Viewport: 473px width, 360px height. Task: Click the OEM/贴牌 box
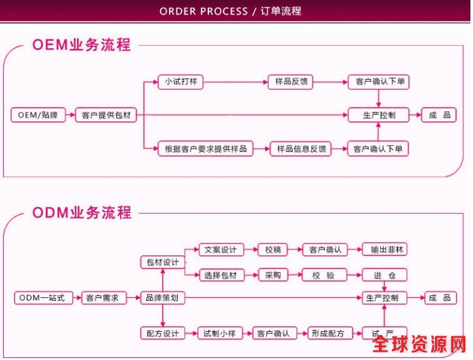tap(37, 116)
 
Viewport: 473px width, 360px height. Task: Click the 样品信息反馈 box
tap(301, 149)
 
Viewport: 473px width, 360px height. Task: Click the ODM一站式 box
tap(42, 298)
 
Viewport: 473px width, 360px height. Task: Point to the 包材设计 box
tap(162, 262)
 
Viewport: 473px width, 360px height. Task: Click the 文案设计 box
tap(220, 250)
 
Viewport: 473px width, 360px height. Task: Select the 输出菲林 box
tap(384, 250)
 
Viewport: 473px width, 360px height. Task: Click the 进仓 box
tap(384, 275)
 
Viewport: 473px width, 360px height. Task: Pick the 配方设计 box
tap(162, 333)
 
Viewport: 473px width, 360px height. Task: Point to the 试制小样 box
tap(220, 333)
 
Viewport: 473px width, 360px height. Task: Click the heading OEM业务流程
tap(81, 45)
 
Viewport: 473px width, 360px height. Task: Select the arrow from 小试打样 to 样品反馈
tap(235, 82)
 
